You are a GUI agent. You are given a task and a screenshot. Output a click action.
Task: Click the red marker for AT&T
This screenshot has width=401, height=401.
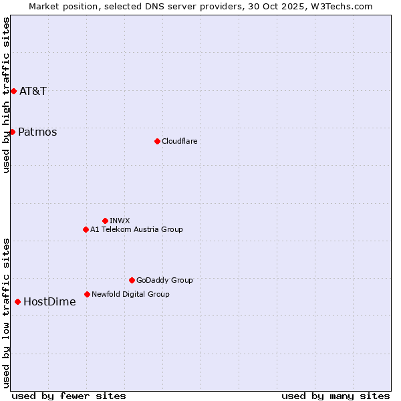(x=13, y=91)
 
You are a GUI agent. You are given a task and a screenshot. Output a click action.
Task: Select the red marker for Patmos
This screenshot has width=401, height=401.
(x=12, y=132)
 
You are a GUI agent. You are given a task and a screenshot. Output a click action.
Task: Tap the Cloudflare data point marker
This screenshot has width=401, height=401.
(x=157, y=141)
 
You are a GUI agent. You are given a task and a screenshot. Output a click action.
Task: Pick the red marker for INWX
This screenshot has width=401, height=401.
(x=105, y=221)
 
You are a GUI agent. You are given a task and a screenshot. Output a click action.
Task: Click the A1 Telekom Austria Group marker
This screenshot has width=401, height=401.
(x=86, y=229)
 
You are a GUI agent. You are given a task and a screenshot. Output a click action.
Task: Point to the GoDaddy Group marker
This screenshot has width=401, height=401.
(x=132, y=280)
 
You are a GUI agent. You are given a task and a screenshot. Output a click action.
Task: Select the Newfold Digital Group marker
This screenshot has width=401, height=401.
(x=87, y=294)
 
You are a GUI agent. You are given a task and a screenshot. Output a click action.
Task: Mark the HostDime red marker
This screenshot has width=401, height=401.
(x=17, y=301)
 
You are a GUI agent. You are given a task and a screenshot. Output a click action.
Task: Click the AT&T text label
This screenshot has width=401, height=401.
(x=33, y=91)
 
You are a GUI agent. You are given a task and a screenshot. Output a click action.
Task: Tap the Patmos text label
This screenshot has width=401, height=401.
(x=37, y=132)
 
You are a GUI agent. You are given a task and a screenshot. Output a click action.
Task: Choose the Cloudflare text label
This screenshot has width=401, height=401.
(x=179, y=141)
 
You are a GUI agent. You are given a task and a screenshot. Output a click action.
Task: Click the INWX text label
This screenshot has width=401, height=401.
(x=120, y=221)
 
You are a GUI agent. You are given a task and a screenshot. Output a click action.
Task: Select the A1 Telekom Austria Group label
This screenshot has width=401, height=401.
(x=136, y=229)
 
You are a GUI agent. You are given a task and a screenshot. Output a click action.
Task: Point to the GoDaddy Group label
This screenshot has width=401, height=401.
(x=164, y=280)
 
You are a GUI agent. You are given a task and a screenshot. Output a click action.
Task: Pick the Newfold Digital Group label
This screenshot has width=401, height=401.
(x=130, y=294)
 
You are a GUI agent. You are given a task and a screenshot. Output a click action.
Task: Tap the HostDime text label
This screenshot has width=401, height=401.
(x=49, y=301)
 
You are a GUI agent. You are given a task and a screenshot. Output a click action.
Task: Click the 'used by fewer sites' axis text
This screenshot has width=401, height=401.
(x=69, y=396)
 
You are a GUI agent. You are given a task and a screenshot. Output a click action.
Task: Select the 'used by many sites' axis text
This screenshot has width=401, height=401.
(x=336, y=396)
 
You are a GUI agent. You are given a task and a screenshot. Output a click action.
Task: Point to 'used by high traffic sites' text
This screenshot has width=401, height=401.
(x=6, y=95)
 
